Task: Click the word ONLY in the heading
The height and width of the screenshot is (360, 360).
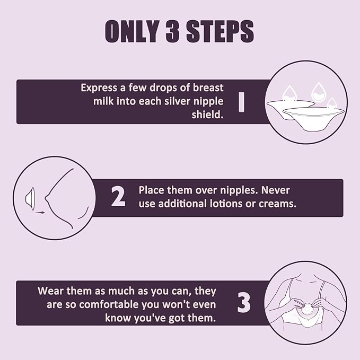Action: (132, 31)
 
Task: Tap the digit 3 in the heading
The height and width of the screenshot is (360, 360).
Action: (172, 31)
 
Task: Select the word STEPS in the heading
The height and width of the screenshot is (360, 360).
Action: (220, 31)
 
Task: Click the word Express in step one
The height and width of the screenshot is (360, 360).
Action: (99, 88)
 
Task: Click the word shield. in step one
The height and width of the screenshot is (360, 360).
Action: (207, 115)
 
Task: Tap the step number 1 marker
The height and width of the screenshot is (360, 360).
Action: (241, 102)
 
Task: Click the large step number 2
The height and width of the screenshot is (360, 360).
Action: (118, 197)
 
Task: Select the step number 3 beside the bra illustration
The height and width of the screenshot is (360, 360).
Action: (244, 302)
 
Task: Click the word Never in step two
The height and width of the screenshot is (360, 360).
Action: (275, 190)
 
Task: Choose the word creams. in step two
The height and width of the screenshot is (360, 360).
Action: (278, 204)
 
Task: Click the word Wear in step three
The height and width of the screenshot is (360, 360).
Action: (50, 291)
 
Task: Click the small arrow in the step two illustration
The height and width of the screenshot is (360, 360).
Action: (40, 213)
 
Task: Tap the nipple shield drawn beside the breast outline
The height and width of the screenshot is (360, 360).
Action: (30, 199)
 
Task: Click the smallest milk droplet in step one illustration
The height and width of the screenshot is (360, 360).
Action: (331, 103)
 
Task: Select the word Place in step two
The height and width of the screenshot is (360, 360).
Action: (152, 190)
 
